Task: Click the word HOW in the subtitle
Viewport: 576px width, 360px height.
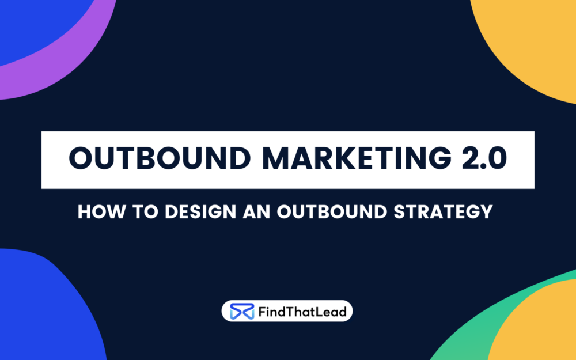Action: (x=100, y=211)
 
